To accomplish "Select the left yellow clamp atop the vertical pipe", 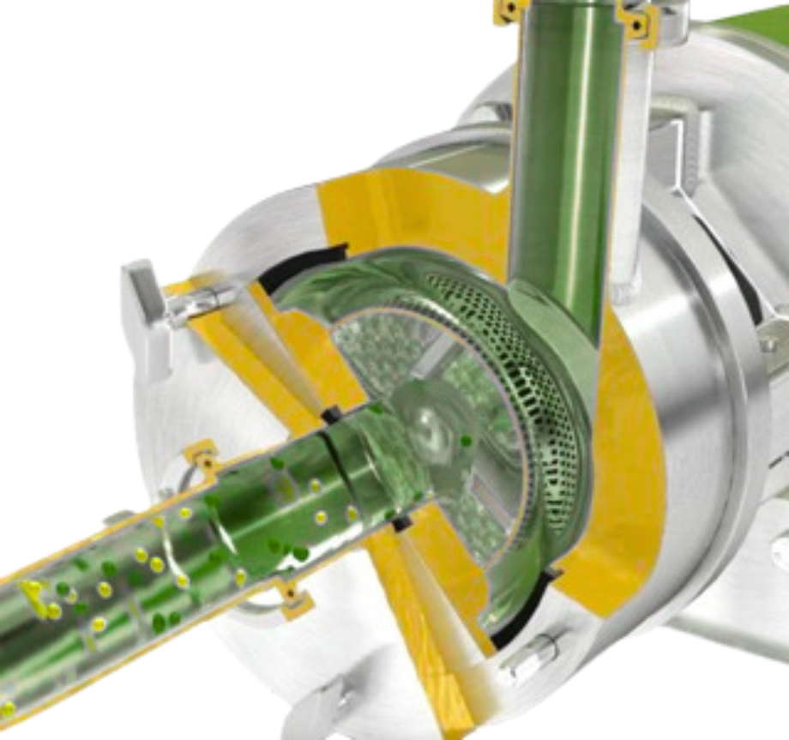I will pyautogui.click(x=511, y=10).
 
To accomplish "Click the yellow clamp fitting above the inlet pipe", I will pyautogui.click(x=204, y=458).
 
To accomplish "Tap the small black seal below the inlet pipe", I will pyautogui.click(x=400, y=520).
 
